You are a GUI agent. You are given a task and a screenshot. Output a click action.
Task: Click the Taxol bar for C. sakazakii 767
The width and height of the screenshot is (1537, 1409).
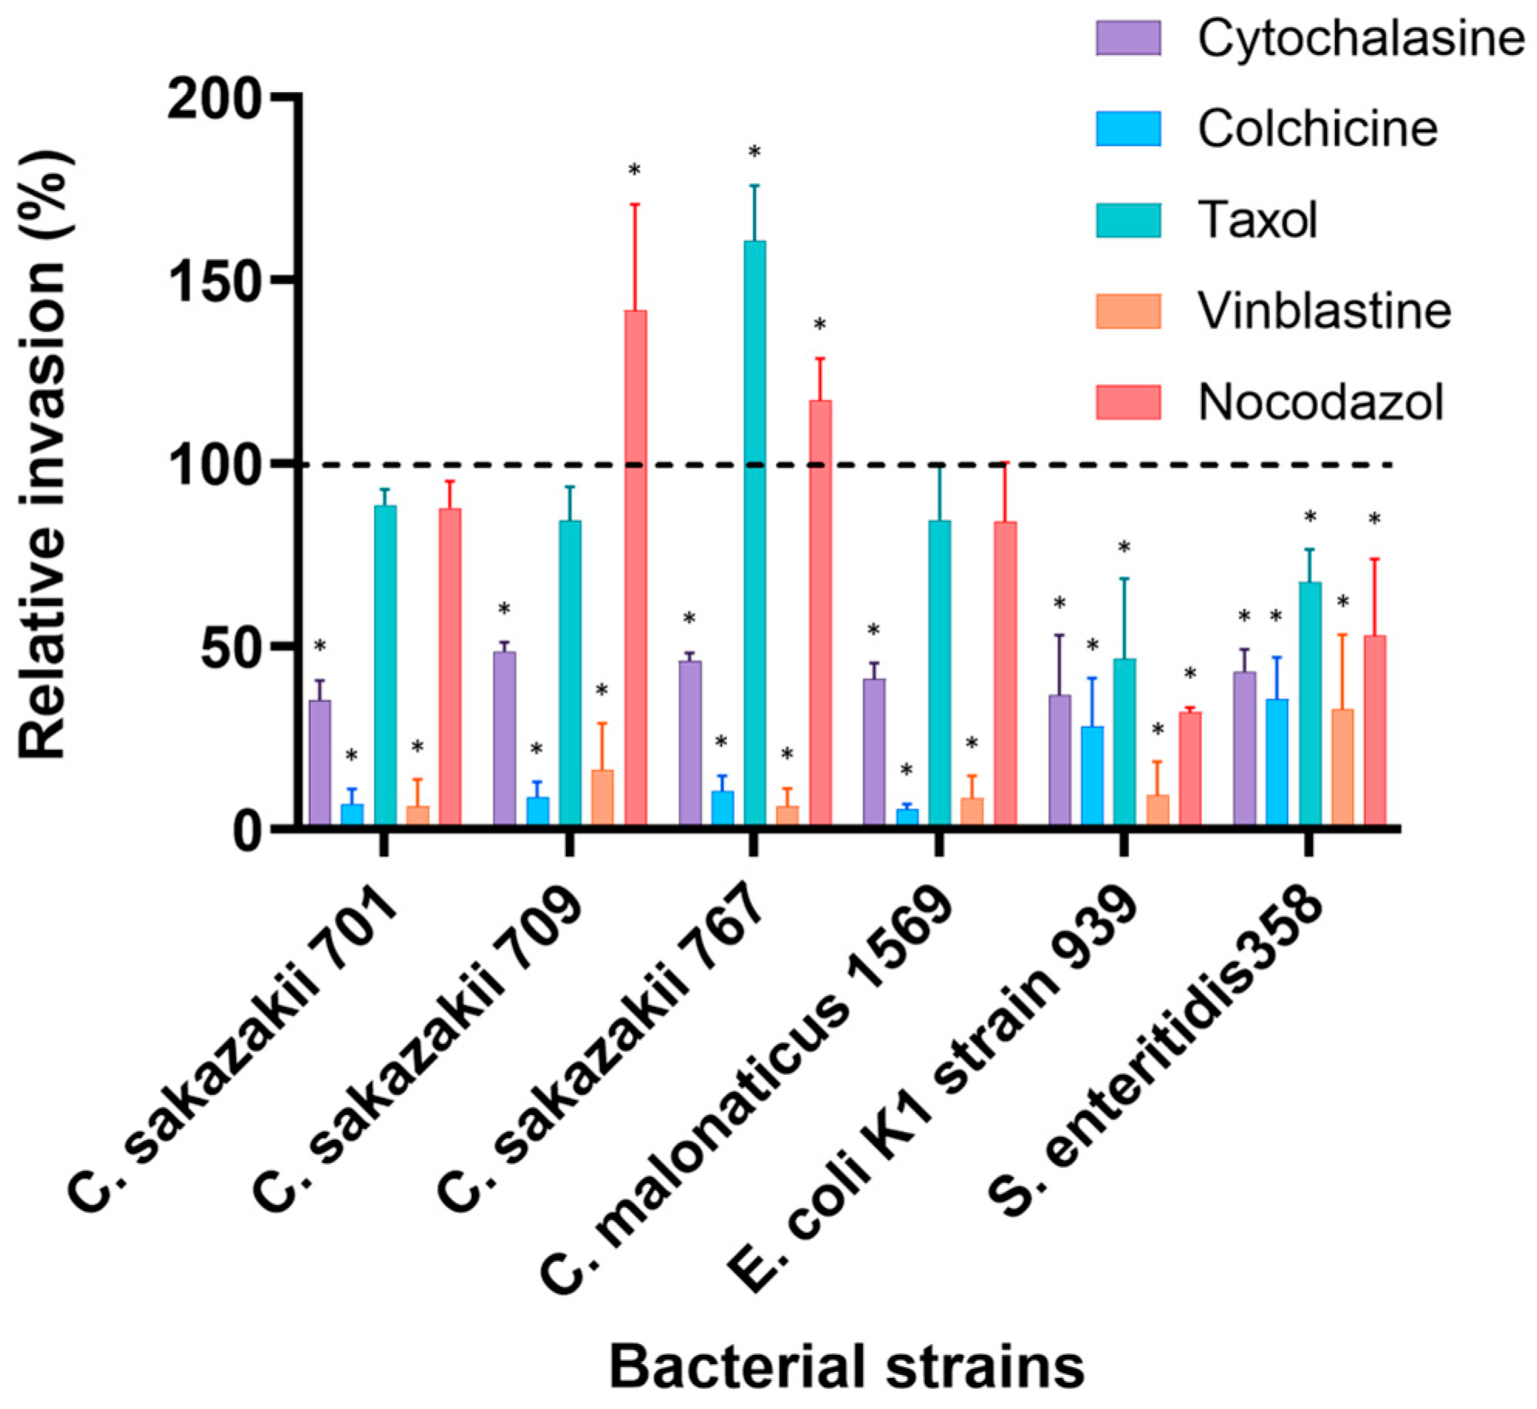[754, 534]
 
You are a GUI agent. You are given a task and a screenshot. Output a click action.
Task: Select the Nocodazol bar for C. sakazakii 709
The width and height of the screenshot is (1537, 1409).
[635, 568]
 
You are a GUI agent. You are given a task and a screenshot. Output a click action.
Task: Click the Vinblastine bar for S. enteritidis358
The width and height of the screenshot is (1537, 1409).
[1343, 767]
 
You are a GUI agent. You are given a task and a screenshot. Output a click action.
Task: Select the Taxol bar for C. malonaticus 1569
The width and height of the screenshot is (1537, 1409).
[939, 673]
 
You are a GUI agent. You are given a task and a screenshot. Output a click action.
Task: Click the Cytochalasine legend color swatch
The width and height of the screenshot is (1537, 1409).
[1128, 38]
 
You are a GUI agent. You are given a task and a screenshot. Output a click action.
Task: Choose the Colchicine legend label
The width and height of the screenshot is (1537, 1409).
[1317, 128]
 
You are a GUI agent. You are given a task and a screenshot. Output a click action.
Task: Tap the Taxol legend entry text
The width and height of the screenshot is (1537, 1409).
[1257, 220]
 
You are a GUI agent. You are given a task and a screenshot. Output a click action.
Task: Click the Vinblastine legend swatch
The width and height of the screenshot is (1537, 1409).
[1128, 311]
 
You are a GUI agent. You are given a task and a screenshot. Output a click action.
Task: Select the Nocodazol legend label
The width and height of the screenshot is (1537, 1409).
[1320, 402]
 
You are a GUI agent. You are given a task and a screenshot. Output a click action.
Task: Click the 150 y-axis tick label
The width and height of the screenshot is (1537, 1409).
[211, 283]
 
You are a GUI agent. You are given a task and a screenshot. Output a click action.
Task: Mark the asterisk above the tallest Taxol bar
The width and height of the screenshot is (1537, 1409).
[754, 152]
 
